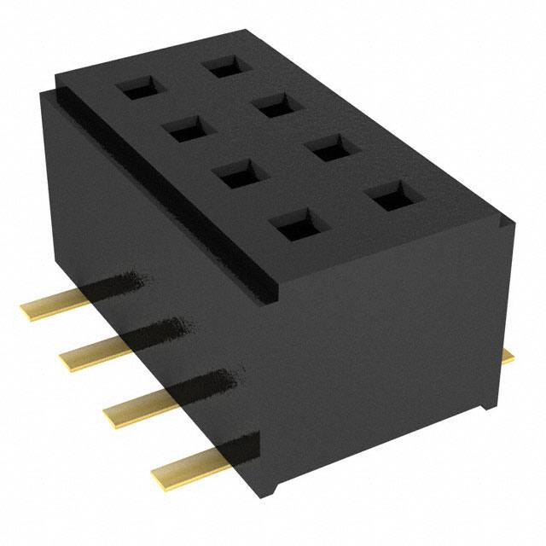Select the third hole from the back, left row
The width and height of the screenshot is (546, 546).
coord(234,176)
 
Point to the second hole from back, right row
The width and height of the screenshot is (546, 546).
coord(275,106)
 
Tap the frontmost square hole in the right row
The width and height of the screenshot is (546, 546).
coord(389,200)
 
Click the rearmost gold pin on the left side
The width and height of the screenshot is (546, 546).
coord(51,308)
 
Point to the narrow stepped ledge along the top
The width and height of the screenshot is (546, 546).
coord(162,183)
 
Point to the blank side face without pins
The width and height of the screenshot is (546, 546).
coord(392,358)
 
